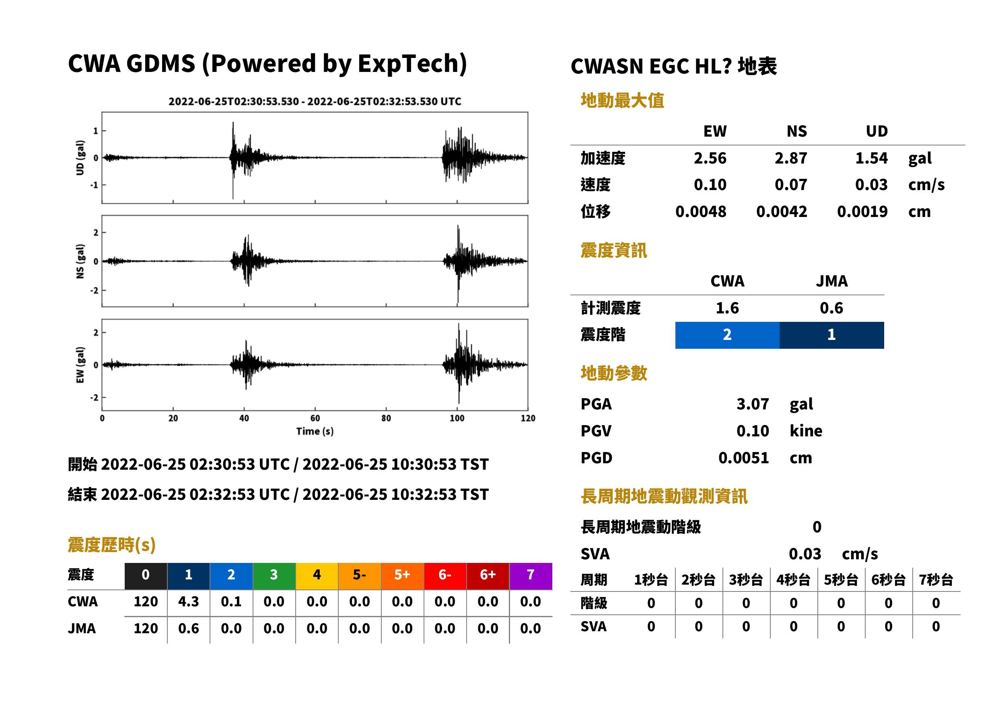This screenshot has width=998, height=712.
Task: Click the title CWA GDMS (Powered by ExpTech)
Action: click(x=267, y=64)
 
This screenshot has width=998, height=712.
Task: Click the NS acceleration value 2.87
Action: click(x=790, y=158)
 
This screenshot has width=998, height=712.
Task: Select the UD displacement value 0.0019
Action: click(x=862, y=211)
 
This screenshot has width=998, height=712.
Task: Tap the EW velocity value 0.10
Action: click(x=710, y=184)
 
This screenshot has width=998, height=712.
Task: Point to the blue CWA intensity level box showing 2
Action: click(x=727, y=335)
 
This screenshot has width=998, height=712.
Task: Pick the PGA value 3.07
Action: click(x=752, y=404)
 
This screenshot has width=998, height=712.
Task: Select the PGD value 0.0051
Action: click(x=743, y=458)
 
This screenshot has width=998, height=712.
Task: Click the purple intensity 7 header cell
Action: click(x=531, y=576)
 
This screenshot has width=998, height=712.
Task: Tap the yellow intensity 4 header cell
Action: click(x=317, y=576)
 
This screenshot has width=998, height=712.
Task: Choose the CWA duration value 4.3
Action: click(x=188, y=602)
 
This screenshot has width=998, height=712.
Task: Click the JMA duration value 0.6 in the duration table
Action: click(x=188, y=628)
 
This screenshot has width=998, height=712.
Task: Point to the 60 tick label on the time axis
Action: click(x=315, y=418)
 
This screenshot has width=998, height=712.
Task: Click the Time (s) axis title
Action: click(x=315, y=432)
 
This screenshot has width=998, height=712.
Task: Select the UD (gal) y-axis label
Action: click(x=80, y=158)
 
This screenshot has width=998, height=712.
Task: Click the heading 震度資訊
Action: click(x=613, y=250)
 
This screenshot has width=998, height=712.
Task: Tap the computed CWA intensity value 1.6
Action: click(x=727, y=308)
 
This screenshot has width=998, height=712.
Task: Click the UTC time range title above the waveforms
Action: click(x=315, y=101)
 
